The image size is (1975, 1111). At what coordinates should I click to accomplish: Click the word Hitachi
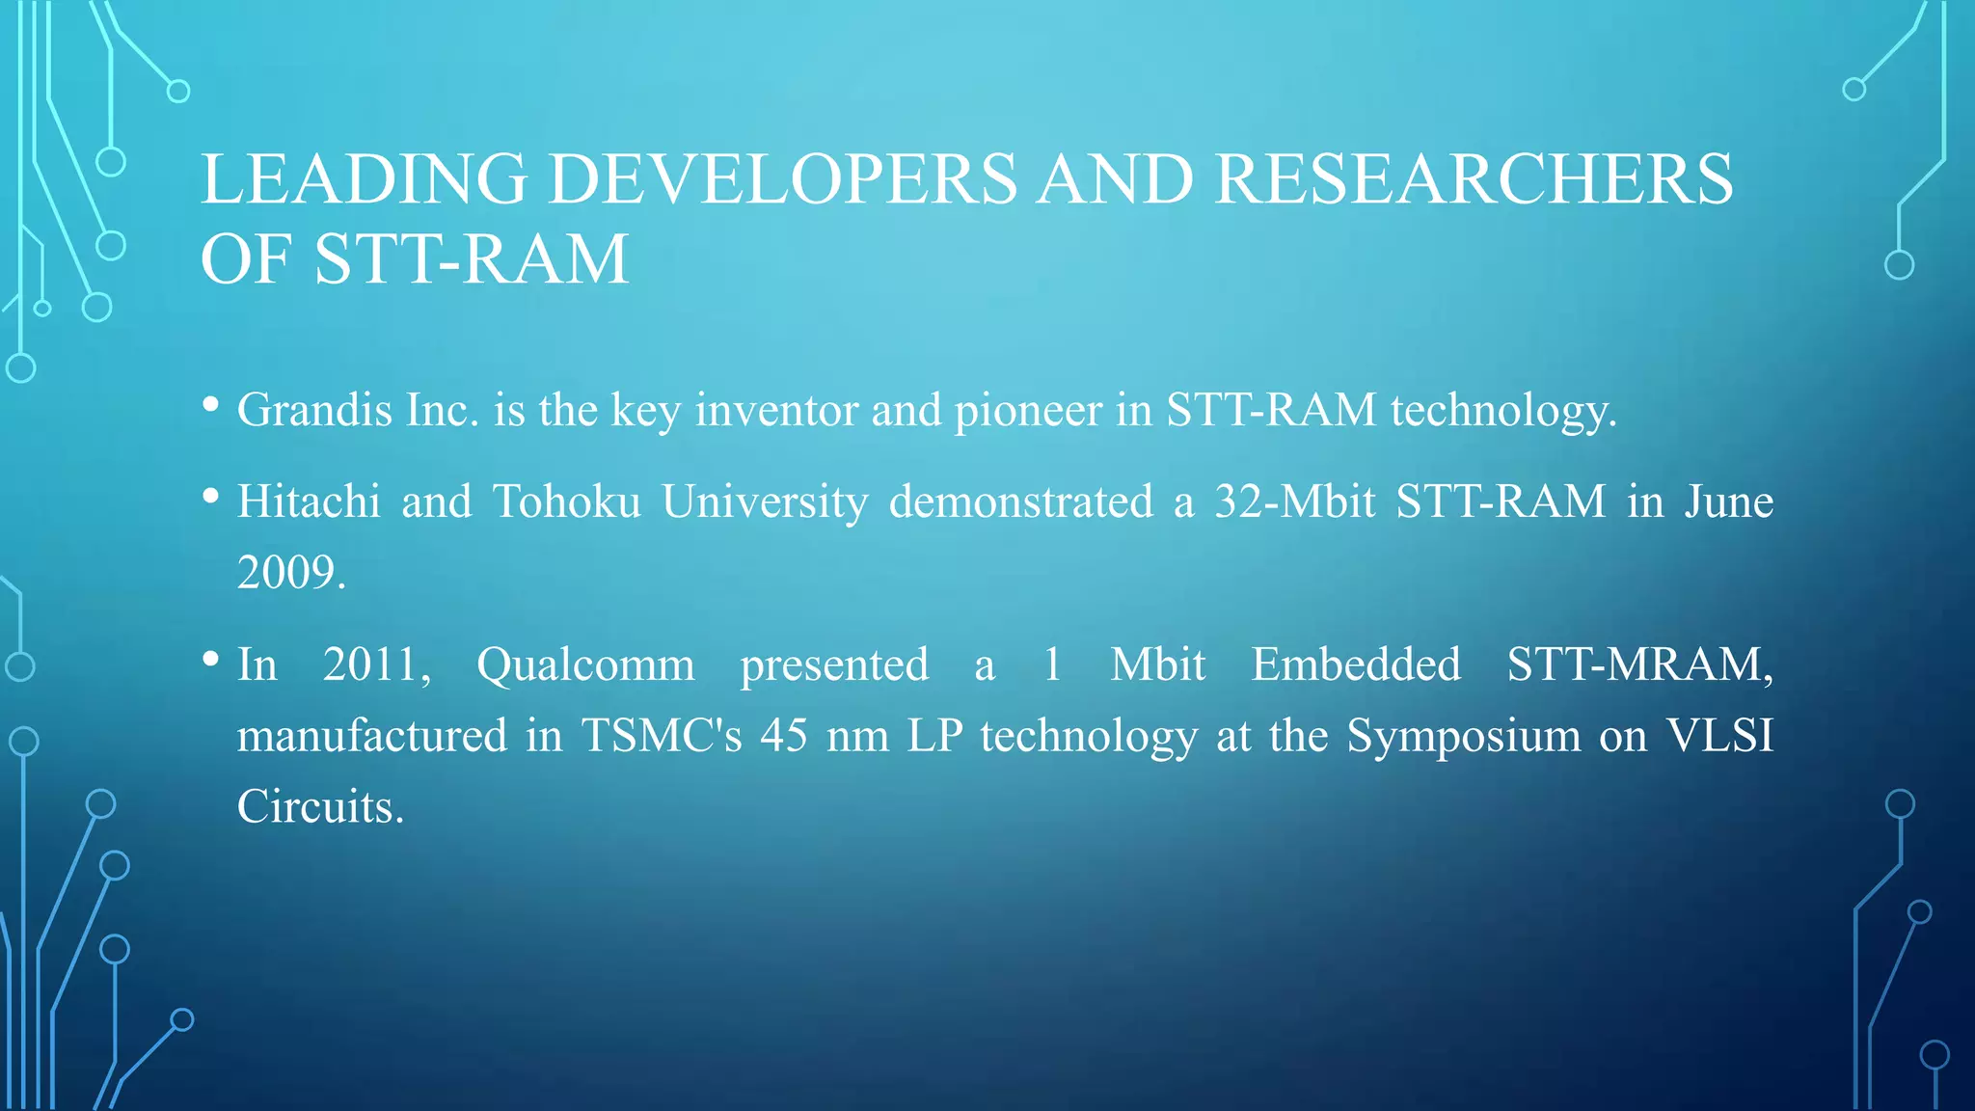309,501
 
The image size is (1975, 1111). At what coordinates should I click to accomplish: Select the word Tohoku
566,501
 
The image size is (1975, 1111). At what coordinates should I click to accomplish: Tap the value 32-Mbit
1294,501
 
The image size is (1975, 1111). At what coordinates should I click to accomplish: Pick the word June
1728,501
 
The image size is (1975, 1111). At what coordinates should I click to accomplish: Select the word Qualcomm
585,665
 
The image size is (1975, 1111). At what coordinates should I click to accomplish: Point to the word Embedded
1355,664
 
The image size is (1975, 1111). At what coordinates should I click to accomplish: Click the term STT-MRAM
1638,664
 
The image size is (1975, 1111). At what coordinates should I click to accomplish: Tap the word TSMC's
662,736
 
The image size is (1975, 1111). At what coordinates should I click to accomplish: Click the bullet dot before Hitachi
211,498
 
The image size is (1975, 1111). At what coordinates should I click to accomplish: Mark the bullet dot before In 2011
211,661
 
